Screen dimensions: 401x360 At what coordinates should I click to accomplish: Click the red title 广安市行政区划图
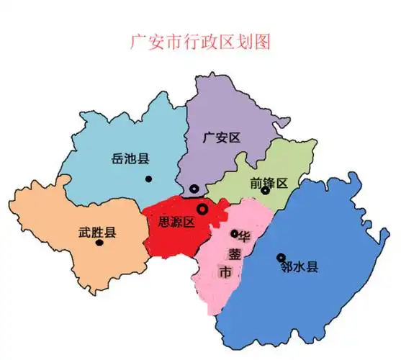[199, 41]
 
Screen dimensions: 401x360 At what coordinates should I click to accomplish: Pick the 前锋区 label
[269, 183]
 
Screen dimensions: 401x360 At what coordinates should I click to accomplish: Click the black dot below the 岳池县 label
[148, 179]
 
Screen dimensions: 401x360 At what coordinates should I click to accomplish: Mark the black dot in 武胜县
[99, 243]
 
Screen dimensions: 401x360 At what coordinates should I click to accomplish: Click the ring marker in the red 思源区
[202, 209]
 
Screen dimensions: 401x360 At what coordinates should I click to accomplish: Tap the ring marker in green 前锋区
[265, 191]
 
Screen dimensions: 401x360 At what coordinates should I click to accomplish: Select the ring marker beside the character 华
[234, 233]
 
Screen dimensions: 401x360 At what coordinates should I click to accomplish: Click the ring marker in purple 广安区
[194, 188]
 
